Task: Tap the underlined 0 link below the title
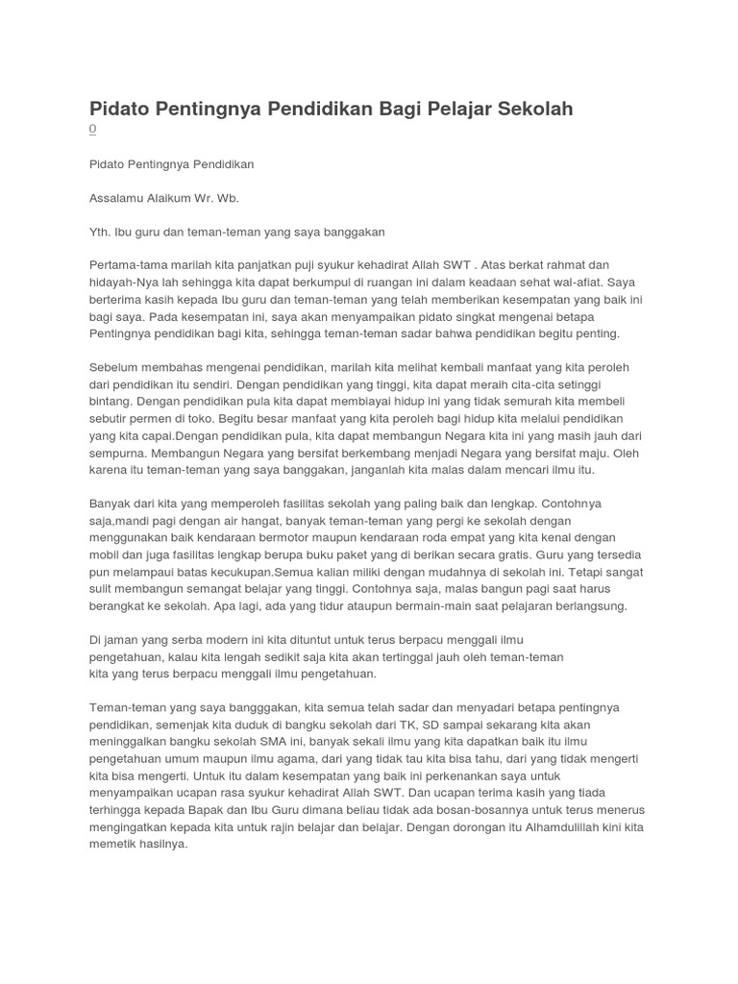[92, 129]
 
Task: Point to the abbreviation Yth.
[99, 232]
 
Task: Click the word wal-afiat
[568, 282]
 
